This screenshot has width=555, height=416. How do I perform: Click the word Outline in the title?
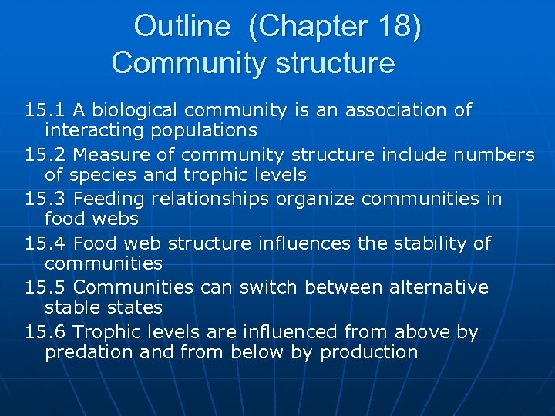(x=182, y=27)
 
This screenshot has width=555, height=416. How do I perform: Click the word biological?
(x=136, y=110)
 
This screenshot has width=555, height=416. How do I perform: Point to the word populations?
(x=203, y=130)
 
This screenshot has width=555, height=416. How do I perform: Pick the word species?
(x=106, y=175)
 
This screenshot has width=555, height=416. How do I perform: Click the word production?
(x=369, y=352)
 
